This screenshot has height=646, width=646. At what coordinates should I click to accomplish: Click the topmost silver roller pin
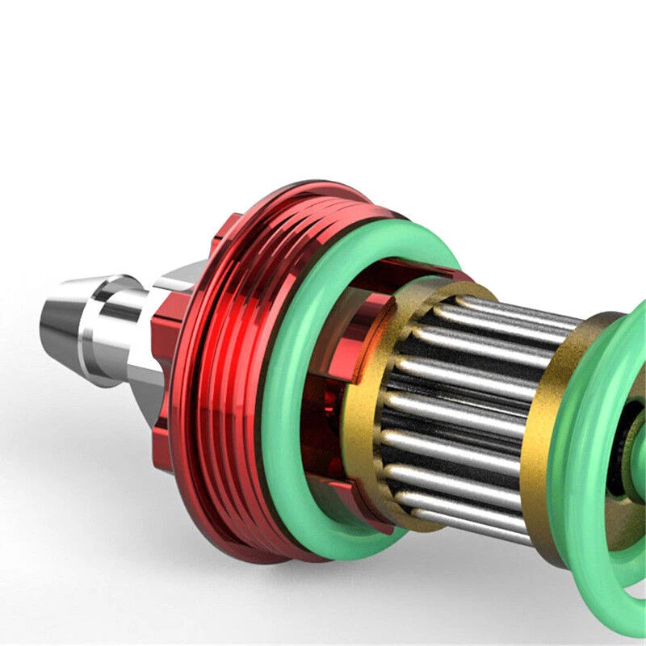click(x=501, y=311)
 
